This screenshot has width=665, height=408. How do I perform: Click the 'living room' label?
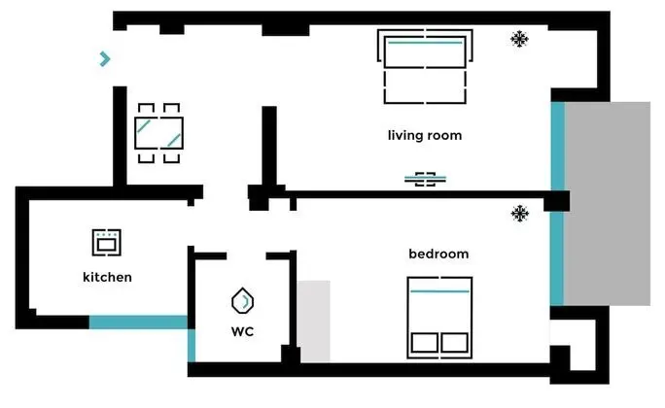pos(425,136)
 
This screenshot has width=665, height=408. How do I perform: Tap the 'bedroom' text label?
pos(438,254)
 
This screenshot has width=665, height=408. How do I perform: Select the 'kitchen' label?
pos(107,277)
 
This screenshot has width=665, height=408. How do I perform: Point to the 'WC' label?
pos(243,331)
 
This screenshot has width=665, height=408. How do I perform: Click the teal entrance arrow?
pos(105,59)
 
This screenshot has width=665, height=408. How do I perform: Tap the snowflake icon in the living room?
pos(519,40)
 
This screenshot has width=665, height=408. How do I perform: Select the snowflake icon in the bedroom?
pos(520,214)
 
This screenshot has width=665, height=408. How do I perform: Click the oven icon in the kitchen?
pos(106,243)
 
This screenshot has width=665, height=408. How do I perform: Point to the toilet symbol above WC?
pos(243,301)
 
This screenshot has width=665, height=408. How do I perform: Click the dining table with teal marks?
pos(159,133)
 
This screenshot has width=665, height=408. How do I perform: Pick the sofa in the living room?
pos(425,66)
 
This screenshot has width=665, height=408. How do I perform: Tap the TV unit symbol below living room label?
pos(425,179)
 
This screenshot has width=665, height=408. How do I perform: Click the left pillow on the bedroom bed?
pos(425,342)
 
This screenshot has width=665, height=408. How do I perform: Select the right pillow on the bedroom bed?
pos(455,342)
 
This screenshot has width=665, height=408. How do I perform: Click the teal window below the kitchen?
pos(138,322)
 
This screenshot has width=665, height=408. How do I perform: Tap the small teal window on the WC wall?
pos(192,345)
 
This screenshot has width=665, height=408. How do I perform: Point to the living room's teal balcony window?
pos(558,146)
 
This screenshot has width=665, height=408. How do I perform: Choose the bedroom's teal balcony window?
pos(557,258)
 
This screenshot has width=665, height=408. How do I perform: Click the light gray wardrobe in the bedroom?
pos(313,322)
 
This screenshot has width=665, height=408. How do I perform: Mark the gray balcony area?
pos(608,203)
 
